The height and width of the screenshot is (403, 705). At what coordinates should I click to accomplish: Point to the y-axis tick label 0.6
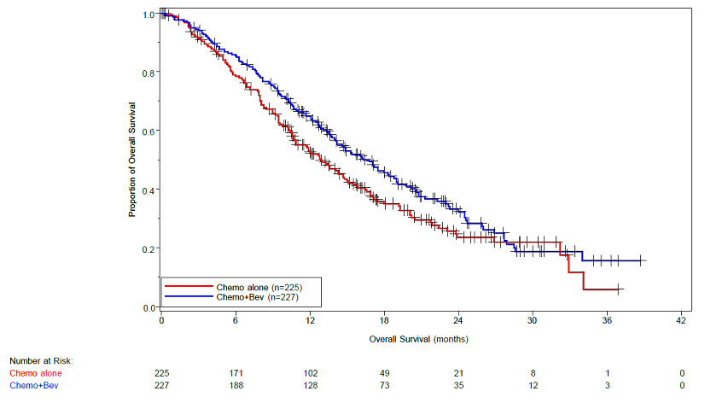click(x=149, y=131)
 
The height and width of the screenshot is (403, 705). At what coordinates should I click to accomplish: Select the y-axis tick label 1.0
click(x=149, y=15)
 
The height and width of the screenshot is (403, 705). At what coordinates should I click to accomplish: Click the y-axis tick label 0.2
click(x=149, y=248)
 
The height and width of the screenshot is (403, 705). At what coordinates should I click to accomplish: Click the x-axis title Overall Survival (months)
click(x=418, y=339)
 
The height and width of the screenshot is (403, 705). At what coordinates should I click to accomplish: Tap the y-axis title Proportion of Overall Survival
click(x=133, y=161)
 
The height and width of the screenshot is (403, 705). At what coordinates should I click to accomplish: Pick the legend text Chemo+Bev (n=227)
click(x=258, y=297)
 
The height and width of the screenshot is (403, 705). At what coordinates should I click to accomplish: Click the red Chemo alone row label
click(x=36, y=373)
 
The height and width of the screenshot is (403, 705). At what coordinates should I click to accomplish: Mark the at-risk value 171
click(x=235, y=373)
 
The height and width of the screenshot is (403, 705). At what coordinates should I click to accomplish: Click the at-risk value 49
click(x=383, y=373)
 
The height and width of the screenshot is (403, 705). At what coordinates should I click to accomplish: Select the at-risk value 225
click(x=161, y=373)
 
